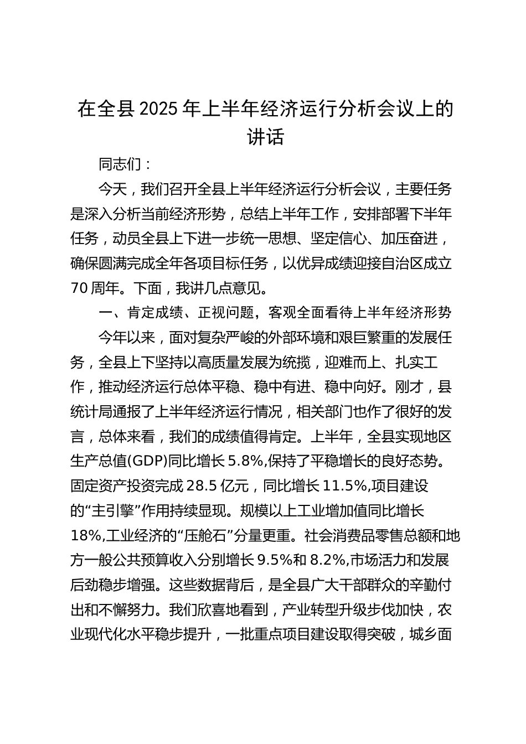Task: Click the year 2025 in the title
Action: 159,109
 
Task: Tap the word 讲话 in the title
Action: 265,136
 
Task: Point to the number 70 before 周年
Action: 81,288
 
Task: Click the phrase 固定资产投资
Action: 112,485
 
